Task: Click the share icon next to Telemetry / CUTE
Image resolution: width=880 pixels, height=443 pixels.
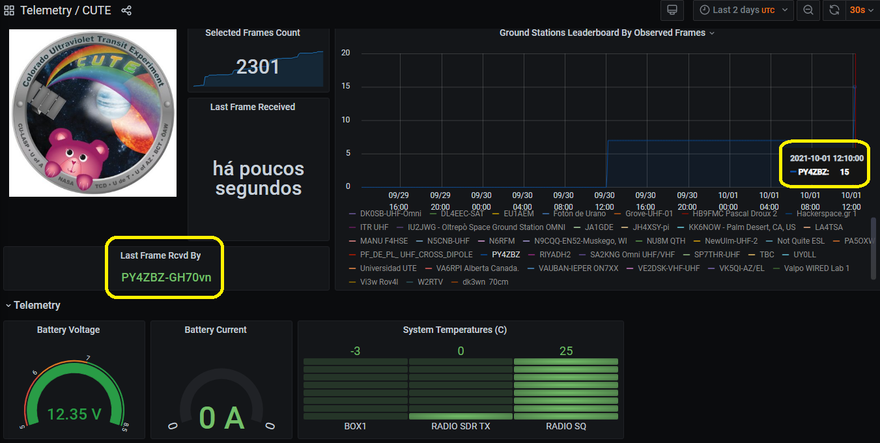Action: [126, 10]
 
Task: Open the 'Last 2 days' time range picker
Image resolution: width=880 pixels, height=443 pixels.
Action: [743, 10]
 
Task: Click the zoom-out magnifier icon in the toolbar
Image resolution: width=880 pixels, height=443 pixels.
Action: [808, 10]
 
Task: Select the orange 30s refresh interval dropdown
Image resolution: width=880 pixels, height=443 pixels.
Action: [860, 10]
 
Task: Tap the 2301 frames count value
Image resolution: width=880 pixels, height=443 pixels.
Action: [258, 66]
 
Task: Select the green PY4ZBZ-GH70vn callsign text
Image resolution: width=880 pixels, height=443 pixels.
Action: [166, 277]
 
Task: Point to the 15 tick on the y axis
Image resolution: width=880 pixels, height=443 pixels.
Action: [346, 86]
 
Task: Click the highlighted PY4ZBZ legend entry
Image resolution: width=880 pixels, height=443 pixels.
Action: [505, 255]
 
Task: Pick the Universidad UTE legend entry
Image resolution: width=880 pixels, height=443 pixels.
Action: [388, 268]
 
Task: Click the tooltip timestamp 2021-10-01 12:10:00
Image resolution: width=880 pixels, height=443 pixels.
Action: [827, 158]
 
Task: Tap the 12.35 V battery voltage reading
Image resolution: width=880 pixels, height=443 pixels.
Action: [74, 414]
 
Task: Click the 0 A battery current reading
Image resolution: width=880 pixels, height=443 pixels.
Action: [221, 418]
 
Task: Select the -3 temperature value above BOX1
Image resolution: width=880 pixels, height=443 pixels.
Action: [355, 352]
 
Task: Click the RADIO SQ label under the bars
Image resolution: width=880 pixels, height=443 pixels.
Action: [565, 427]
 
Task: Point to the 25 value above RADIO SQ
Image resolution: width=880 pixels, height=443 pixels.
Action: [565, 352]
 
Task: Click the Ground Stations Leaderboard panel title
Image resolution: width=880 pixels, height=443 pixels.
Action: [602, 33]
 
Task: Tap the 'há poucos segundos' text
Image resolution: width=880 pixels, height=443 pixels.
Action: [258, 179]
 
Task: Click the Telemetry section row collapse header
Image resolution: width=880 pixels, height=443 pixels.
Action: [36, 306]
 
